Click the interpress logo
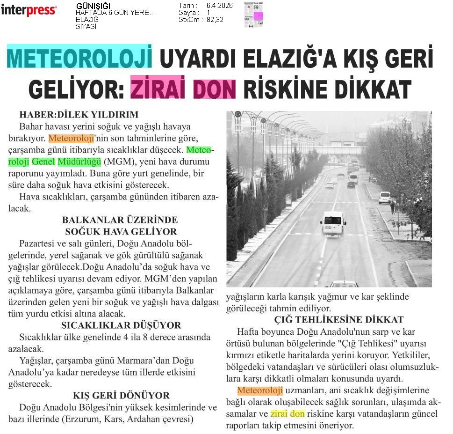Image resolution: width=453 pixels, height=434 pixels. point(29,10)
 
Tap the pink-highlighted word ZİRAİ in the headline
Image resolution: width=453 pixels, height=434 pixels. point(159,89)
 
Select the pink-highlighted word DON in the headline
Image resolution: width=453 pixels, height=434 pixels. point(215,89)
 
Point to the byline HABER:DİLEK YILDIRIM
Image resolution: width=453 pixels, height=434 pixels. point(79,114)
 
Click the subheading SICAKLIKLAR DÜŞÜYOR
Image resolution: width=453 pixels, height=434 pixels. point(121,325)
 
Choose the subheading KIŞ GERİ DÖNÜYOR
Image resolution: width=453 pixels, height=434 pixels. point(121,396)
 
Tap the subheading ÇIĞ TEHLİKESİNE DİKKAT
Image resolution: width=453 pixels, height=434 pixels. point(338,320)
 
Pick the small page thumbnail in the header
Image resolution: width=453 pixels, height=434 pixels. point(253,15)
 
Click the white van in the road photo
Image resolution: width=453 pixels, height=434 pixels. point(333,223)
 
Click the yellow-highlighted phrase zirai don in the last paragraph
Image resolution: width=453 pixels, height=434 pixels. point(287,414)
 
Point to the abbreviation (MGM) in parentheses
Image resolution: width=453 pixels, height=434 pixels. point(119,162)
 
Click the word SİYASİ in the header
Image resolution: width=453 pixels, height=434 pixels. point(86,27)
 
